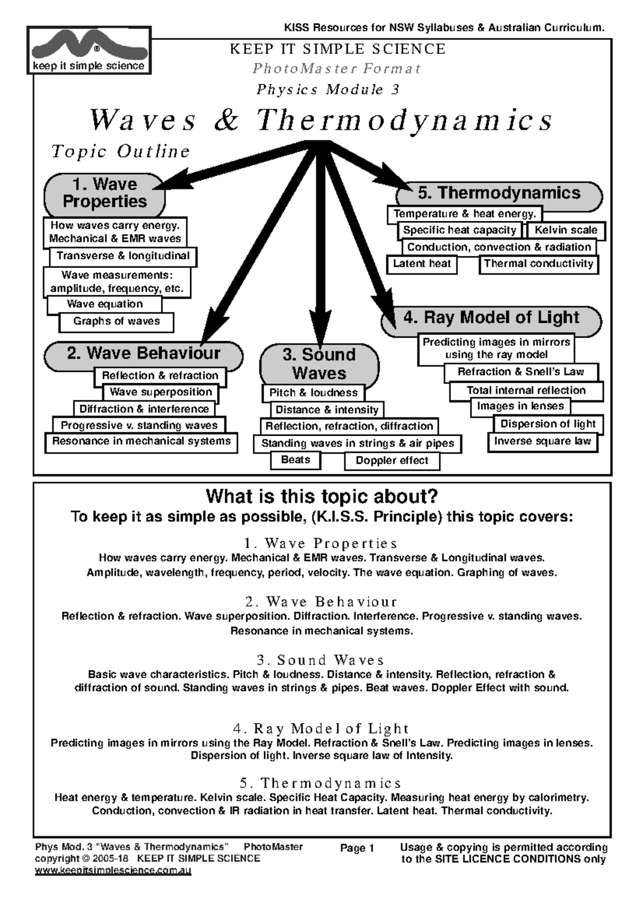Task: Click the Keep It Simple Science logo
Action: point(89,50)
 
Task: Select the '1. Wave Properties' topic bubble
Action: point(104,193)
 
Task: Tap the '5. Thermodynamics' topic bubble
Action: point(498,193)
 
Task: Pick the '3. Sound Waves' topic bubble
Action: point(319,364)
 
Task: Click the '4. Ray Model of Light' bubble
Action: point(491,318)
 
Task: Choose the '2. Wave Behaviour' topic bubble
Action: point(143,354)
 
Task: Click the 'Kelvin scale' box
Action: point(566,230)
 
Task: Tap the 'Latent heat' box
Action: point(422,264)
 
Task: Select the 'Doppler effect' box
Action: point(392,460)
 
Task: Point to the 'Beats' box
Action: point(295,460)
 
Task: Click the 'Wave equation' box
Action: point(104,304)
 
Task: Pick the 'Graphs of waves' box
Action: point(116,322)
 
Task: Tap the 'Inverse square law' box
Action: point(542,442)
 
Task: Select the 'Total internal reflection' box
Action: point(526,391)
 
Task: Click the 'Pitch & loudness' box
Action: point(313,393)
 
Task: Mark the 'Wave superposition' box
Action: point(161,392)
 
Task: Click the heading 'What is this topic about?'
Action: point(322,496)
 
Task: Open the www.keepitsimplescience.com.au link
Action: point(113,871)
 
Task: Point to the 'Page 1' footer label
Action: point(357,848)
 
